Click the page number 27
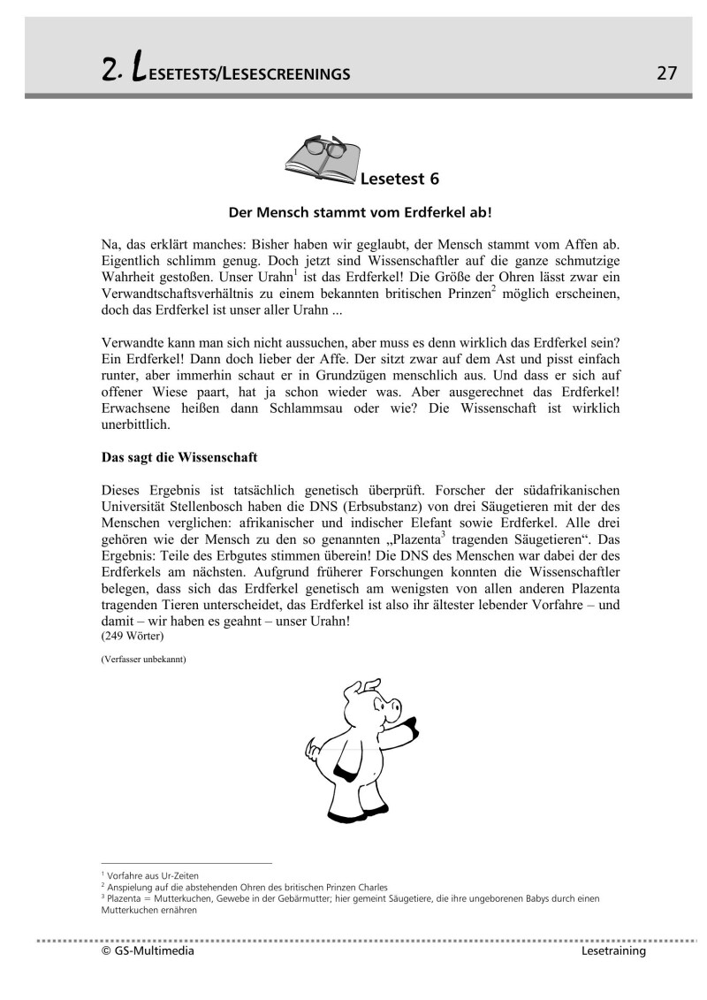667,73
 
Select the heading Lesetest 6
399,179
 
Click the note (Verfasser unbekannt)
143,660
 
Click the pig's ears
363,688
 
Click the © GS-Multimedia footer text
148,951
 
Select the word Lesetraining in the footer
614,951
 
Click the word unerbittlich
134,424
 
